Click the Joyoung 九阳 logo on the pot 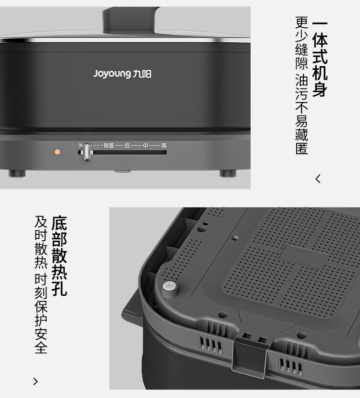[x=122, y=74]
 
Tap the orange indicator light [x=57, y=152]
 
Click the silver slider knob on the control [x=87, y=152]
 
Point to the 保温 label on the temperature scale [x=108, y=145]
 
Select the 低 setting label [x=127, y=145]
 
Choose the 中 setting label [x=145, y=145]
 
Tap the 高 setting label [x=164, y=145]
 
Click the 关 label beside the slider [x=81, y=145]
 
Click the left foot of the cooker [x=17, y=173]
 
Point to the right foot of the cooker [x=228, y=173]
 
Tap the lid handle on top [x=131, y=20]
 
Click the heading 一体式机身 [x=320, y=59]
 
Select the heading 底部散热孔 [x=59, y=256]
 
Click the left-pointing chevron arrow [x=318, y=179]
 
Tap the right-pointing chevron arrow [x=36, y=382]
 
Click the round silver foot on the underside [x=170, y=289]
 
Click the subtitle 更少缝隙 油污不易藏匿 [x=302, y=86]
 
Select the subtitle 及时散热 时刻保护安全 [x=41, y=284]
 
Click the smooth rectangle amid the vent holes [x=303, y=256]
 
